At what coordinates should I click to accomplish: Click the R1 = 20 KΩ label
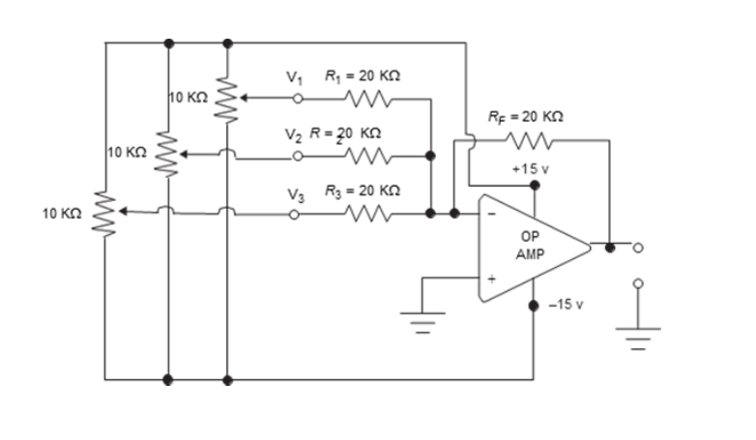point(357,75)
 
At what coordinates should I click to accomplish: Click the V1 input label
point(294,77)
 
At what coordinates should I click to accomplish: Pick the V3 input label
point(296,194)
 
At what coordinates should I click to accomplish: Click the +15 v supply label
point(531,168)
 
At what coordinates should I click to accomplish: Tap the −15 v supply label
point(566,304)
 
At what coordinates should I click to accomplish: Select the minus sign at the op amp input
point(490,215)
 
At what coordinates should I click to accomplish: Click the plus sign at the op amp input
point(490,279)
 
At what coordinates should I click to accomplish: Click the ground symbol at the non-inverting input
point(422,319)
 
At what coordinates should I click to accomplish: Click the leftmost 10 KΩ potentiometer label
point(62,212)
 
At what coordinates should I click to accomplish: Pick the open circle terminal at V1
point(299,98)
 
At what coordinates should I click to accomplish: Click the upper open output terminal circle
point(637,247)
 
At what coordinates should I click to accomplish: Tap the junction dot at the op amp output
point(609,247)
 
